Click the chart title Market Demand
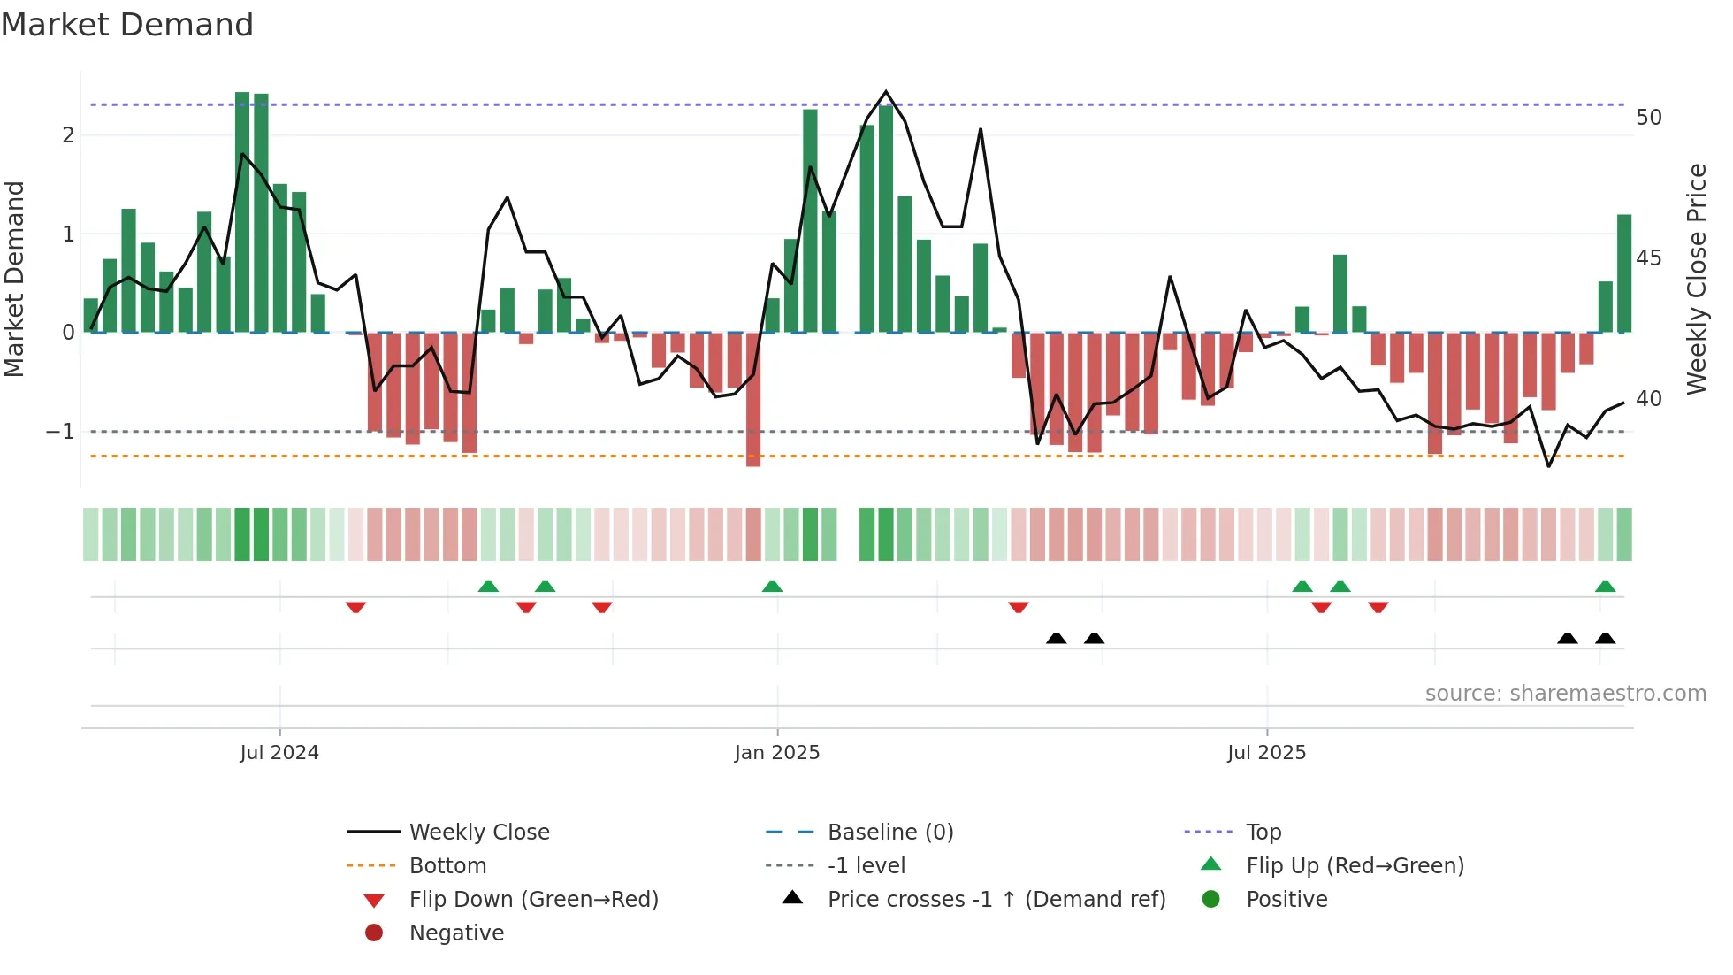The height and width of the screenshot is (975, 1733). point(127,25)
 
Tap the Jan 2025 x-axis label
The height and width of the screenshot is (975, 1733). point(776,753)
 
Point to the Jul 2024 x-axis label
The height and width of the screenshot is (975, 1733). point(279,753)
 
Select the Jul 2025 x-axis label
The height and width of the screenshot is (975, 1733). point(1265,753)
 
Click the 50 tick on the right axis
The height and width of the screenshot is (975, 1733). point(1648,118)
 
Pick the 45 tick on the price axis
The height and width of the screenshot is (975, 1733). point(1648,258)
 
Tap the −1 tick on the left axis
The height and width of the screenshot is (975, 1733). point(60,432)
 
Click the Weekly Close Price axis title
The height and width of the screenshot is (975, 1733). point(1696,279)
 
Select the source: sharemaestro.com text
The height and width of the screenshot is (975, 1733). point(1565,694)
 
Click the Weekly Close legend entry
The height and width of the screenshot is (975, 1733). point(478,833)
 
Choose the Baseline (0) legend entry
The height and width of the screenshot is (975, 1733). point(889,833)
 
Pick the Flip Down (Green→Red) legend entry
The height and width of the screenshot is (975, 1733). point(533,900)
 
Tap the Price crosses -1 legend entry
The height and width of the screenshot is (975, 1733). point(996,900)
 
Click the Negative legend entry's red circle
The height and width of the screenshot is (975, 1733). point(374,933)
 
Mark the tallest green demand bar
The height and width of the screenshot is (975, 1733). point(242,212)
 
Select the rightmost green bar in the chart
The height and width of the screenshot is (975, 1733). point(1624,274)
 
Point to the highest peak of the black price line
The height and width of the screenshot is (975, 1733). point(886,92)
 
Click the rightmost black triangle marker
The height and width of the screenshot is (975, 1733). point(1605,639)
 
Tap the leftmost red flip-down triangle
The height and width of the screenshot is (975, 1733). point(355,607)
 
